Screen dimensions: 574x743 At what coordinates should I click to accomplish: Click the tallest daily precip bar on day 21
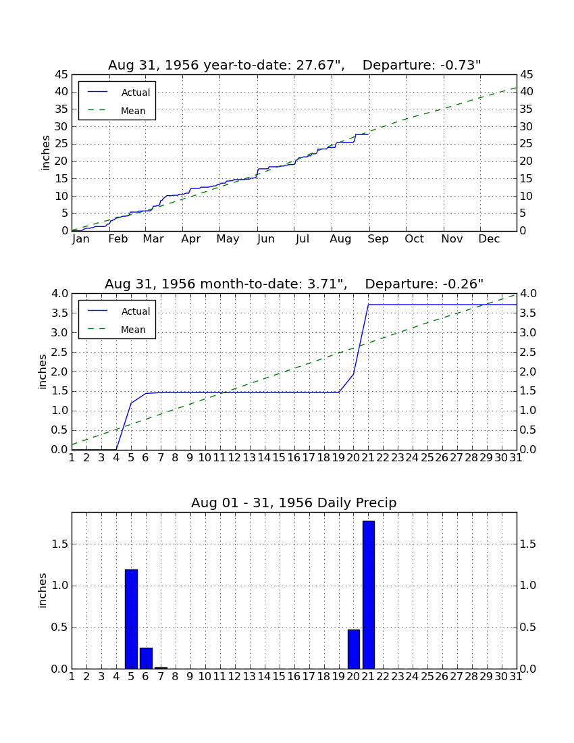[x=369, y=594]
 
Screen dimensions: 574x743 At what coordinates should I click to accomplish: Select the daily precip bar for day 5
[x=131, y=619]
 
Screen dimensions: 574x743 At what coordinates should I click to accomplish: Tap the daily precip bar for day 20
[x=354, y=649]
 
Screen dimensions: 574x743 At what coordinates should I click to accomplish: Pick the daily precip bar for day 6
[x=146, y=658]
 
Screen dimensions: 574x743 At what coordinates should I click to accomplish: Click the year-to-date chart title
[x=294, y=65]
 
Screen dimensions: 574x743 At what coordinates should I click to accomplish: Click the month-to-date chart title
[x=294, y=284]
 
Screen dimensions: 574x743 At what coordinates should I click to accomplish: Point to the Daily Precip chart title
[x=294, y=503]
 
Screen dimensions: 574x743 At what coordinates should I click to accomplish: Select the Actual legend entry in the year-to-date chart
[x=119, y=93]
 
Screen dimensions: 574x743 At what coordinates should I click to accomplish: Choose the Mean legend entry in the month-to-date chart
[x=117, y=330]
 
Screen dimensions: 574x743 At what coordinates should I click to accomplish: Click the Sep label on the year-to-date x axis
[x=378, y=239]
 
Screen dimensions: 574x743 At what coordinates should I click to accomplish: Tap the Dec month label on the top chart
[x=489, y=239]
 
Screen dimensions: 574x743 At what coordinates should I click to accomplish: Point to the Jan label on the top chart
[x=81, y=239]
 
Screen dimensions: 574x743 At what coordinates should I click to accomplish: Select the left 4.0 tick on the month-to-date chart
[x=60, y=294]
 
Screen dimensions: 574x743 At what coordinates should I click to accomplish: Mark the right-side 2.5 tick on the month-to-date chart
[x=529, y=352]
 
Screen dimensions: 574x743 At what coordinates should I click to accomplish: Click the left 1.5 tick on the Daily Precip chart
[x=60, y=544]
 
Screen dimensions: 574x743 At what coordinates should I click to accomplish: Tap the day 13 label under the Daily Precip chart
[x=250, y=677]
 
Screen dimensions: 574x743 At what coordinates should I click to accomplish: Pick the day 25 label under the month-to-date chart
[x=427, y=458]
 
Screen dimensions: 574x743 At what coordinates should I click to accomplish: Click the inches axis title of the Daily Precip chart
[x=43, y=590]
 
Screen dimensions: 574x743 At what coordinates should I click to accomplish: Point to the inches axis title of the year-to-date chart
[x=45, y=153]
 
